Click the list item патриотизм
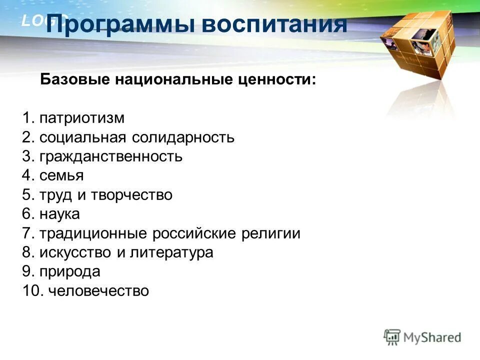tap(81, 118)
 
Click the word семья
tap(61, 175)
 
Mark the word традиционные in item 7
tap(93, 233)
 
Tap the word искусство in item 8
tap(76, 252)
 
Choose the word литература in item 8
tap(172, 252)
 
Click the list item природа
tap(70, 271)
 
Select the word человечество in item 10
tap(98, 290)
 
